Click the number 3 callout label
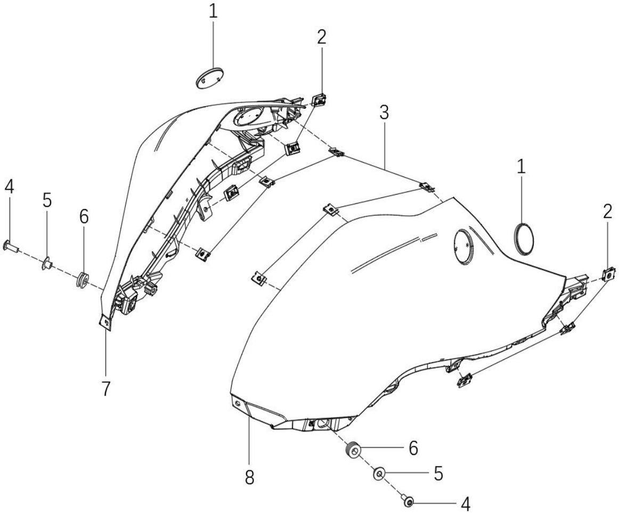[384, 113]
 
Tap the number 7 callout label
[105, 389]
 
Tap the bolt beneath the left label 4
[11, 247]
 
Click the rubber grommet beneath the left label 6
[83, 279]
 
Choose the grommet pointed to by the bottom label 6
[353, 450]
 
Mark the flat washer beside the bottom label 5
[379, 474]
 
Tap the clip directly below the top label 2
[320, 100]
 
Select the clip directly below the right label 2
[609, 273]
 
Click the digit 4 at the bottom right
[466, 503]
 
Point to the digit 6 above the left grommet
[84, 216]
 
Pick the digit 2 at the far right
[608, 212]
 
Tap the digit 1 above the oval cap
[213, 11]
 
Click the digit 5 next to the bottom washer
[438, 474]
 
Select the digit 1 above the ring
[521, 167]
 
